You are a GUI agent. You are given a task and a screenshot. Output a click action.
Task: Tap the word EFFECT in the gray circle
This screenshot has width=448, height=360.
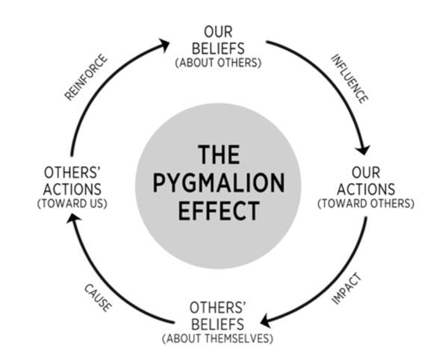(x=219, y=211)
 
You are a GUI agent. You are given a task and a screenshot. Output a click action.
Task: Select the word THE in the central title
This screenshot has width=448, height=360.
(x=219, y=155)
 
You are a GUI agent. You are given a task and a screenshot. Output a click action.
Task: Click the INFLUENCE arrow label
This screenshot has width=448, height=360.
(x=349, y=79)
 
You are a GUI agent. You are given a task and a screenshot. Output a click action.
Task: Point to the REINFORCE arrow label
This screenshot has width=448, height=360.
(x=86, y=77)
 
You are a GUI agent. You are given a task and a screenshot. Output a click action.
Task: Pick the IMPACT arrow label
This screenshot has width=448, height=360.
(x=346, y=289)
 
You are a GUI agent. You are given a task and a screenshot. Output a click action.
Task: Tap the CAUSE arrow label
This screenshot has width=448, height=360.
(x=98, y=298)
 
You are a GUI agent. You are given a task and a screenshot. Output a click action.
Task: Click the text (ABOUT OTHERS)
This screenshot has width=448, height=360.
(x=218, y=63)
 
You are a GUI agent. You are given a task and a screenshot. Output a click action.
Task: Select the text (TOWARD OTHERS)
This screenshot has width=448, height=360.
(x=366, y=203)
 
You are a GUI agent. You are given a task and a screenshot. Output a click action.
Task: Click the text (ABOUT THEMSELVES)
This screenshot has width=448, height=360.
(x=218, y=338)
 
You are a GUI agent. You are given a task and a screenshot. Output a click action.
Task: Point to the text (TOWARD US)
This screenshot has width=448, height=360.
(x=72, y=203)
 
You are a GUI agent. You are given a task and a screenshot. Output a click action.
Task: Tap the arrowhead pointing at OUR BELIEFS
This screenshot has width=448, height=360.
(x=165, y=45)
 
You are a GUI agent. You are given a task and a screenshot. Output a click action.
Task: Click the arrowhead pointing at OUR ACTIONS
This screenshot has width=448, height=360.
(x=363, y=149)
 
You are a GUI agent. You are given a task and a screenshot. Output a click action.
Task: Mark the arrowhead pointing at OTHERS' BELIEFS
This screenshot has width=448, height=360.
(x=266, y=320)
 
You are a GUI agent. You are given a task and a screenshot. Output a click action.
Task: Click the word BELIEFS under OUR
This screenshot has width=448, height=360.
(x=218, y=49)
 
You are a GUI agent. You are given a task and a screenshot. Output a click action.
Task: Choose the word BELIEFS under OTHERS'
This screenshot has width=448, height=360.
(x=218, y=324)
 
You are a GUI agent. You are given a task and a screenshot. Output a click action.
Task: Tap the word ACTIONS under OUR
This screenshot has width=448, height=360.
(x=366, y=189)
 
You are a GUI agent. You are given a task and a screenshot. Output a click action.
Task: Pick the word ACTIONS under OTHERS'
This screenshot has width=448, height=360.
(x=72, y=189)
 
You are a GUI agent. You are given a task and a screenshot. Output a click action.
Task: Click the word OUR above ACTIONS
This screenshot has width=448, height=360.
(x=366, y=173)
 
